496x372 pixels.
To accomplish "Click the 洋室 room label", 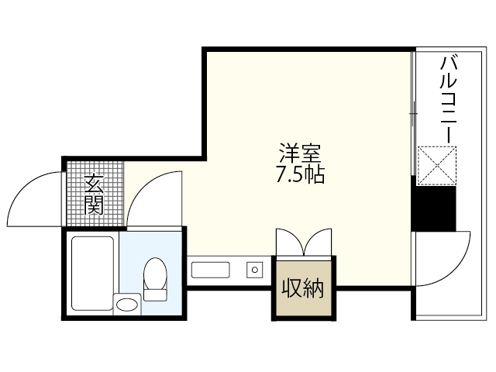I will (299, 153).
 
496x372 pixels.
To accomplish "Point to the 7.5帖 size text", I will (299, 174).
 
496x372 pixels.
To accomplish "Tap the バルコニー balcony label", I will (447, 98).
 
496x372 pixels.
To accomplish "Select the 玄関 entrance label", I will (94, 195).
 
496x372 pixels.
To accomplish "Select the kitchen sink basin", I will (211, 270).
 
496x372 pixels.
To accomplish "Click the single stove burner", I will (253, 270).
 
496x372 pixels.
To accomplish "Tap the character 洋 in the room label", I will (289, 153).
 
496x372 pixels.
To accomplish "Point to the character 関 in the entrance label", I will (94, 205).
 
